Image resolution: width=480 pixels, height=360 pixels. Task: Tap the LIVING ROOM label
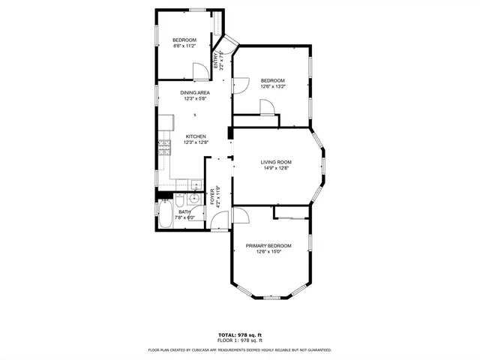coord(276,162)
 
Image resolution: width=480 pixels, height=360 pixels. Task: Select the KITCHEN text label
coord(196,136)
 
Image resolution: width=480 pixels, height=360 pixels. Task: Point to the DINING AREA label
coord(194,92)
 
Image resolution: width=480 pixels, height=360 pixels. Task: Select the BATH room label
coord(184,211)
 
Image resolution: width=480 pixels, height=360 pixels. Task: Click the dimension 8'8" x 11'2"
coord(184,46)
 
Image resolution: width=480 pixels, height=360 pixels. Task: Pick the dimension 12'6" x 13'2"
coord(273,87)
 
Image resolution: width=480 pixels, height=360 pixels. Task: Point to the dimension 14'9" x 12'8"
coord(276,168)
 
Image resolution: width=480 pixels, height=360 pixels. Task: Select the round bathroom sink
coord(193,199)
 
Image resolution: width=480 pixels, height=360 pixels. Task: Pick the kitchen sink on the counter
coord(194,184)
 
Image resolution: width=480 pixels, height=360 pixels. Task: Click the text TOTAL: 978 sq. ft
coord(240,334)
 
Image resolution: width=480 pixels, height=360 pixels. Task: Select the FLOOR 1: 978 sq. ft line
coord(240,340)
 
